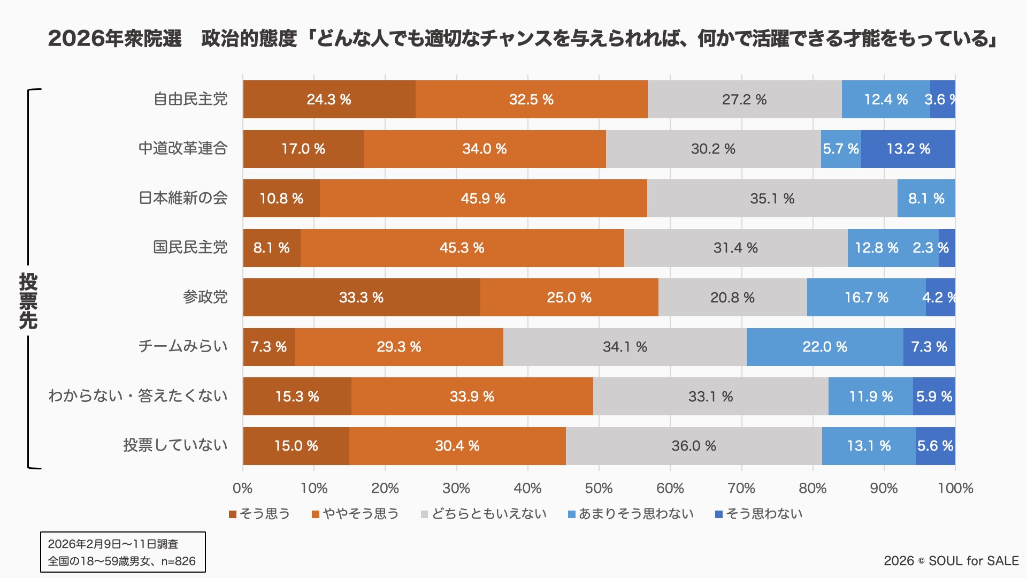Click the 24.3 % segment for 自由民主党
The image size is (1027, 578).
329,100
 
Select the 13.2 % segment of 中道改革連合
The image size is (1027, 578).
908,149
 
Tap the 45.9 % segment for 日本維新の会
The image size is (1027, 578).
483,199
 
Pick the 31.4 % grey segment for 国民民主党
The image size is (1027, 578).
735,248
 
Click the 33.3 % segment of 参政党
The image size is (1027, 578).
361,298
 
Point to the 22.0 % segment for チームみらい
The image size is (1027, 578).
824,347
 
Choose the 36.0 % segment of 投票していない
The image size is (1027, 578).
693,446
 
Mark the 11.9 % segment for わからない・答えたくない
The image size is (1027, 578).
870,397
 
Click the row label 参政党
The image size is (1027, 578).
205,297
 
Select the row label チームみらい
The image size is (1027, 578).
183,346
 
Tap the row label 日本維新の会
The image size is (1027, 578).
183,198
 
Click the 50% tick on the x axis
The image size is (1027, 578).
599,488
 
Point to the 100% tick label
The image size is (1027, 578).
955,488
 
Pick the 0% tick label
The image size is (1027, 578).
242,488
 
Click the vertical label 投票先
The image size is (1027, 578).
28,301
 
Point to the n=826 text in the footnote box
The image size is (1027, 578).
178,561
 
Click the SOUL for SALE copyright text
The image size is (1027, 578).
951,561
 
